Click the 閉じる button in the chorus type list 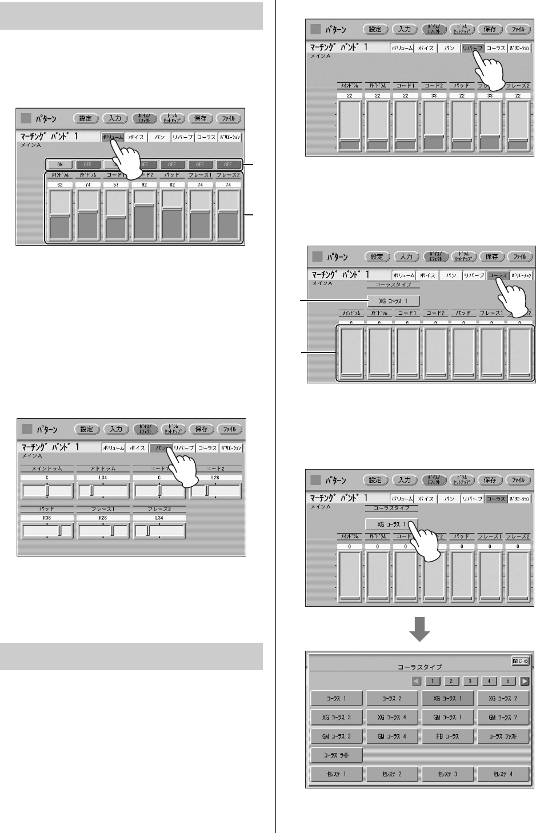(520, 661)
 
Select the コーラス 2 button (392, 698)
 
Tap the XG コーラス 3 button (336, 717)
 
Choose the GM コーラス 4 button (392, 736)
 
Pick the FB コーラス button (448, 736)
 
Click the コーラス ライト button (336, 755)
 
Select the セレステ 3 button (448, 774)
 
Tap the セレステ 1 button (336, 774)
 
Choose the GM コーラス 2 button (503, 717)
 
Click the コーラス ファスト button (503, 736)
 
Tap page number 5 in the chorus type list (508, 681)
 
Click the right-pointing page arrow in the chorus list (525, 681)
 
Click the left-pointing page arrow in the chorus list (417, 681)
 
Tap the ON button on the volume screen (60, 165)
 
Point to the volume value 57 (116, 185)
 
